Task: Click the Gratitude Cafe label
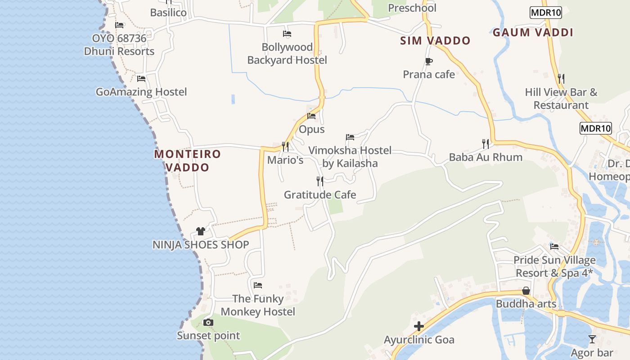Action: tap(319, 195)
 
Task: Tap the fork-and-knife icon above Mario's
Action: tap(285, 146)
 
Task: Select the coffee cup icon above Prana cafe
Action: tap(429, 61)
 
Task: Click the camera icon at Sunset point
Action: tap(208, 322)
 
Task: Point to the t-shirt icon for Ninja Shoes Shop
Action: tap(201, 231)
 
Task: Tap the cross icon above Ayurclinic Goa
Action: tap(419, 326)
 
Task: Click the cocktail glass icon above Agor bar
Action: tap(592, 339)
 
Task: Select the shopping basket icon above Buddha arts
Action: tap(526, 291)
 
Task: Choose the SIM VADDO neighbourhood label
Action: tap(435, 40)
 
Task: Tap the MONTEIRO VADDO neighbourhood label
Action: tap(187, 161)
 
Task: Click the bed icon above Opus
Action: tap(311, 116)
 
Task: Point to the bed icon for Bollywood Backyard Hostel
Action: tap(287, 34)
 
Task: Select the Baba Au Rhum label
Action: tap(486, 157)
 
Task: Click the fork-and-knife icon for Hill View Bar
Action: tap(561, 78)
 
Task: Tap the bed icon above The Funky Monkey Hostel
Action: tap(257, 285)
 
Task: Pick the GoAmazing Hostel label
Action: tap(141, 92)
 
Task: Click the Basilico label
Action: tap(168, 13)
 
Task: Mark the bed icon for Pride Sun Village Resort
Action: tap(554, 247)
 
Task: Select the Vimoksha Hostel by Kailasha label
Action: tap(350, 157)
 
